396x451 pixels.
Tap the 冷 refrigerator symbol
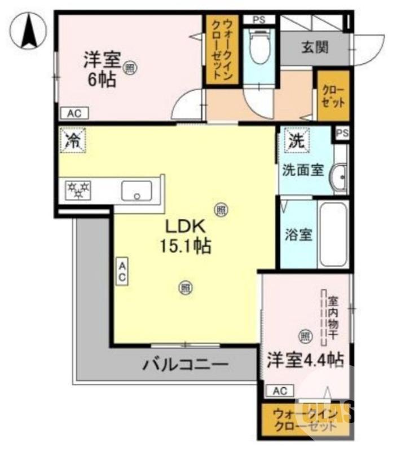tap(72, 140)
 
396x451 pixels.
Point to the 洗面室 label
tap(303, 170)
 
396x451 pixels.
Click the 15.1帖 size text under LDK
tap(183, 246)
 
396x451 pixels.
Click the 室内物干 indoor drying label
tap(333, 317)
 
